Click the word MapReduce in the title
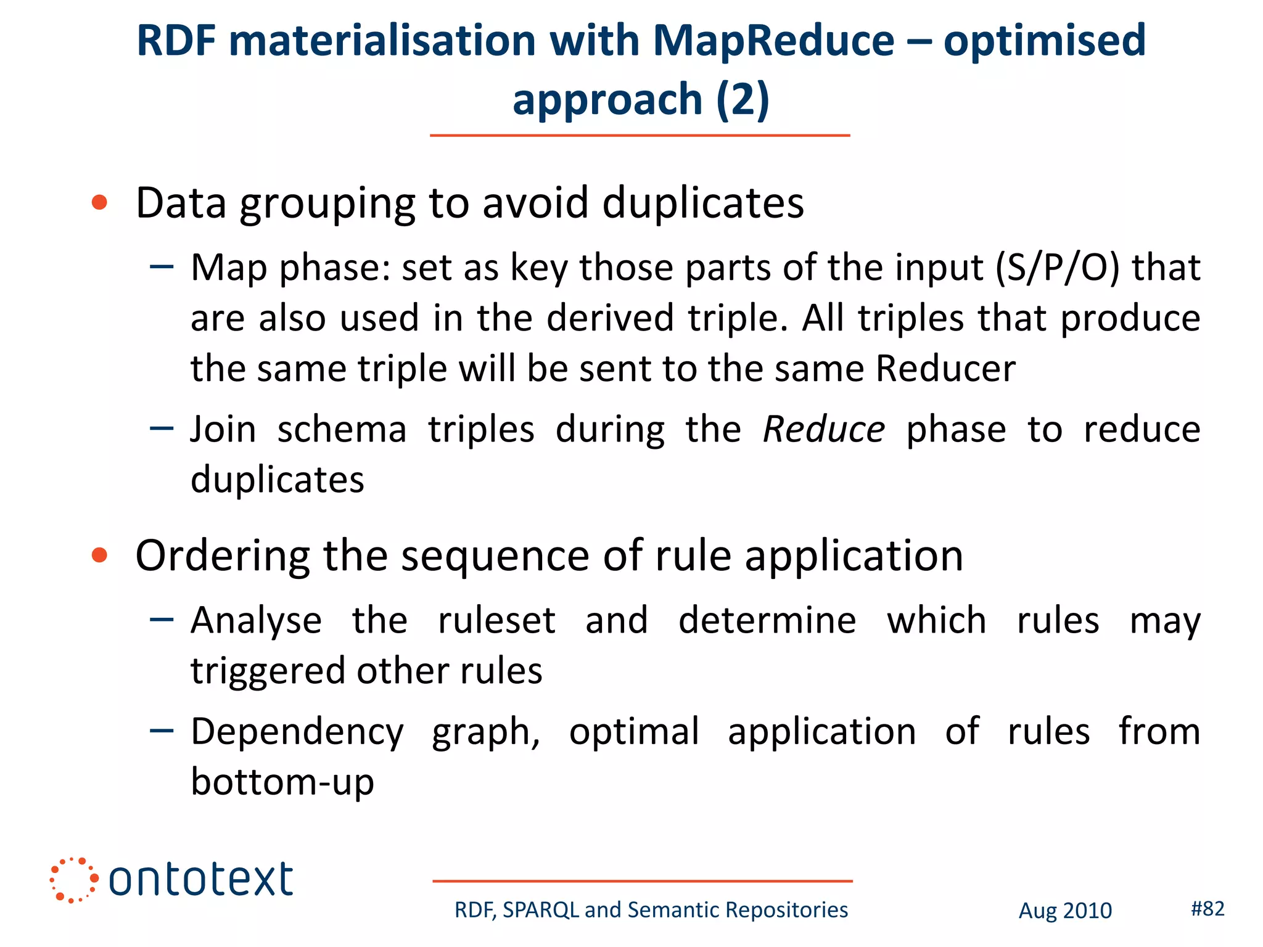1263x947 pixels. pos(773,41)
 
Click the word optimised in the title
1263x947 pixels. pos(1044,41)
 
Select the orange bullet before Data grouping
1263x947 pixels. pos(99,202)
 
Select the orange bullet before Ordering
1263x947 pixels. pos(99,555)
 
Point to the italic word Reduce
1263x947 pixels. pos(824,429)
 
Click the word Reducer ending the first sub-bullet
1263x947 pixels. pos(945,369)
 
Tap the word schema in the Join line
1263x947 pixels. pos(342,429)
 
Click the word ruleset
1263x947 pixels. pos(496,620)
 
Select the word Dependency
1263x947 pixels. pos(297,732)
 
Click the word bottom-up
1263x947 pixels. pos(282,782)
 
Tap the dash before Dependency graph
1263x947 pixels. pos(162,731)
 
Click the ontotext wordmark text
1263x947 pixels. pos(200,880)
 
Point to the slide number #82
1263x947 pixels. pos(1207,908)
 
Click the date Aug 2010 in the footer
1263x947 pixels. pos(1065,911)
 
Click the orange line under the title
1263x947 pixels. pos(640,135)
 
